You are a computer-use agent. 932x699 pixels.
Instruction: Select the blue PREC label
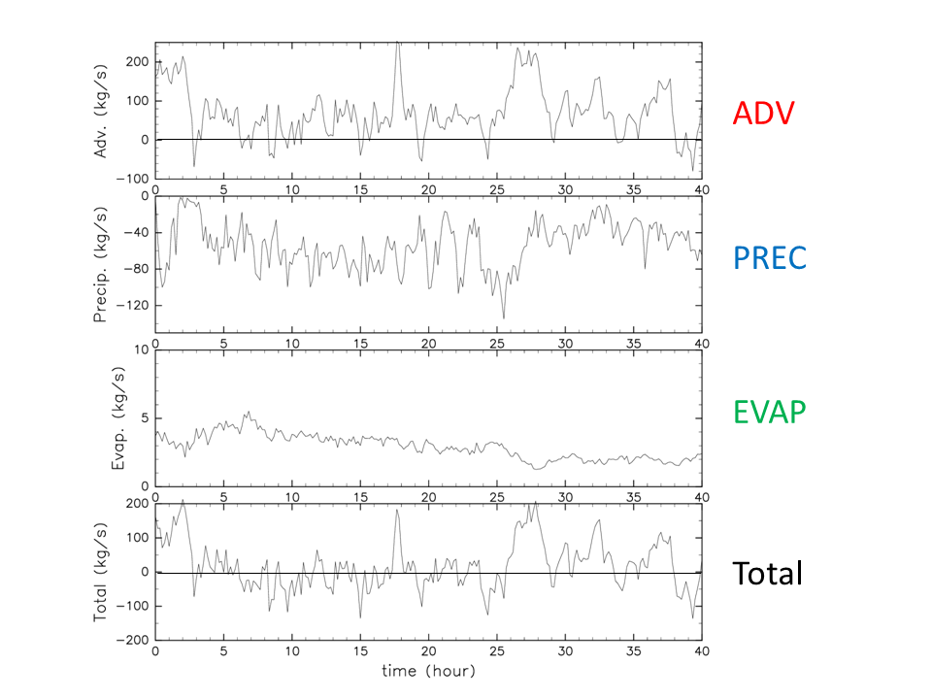[770, 257]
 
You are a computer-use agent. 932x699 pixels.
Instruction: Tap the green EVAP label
[770, 412]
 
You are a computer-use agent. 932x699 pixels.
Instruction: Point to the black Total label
[767, 573]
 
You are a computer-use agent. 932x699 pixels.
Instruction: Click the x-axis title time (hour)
[428, 670]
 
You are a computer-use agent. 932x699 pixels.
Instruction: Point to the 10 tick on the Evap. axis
[141, 350]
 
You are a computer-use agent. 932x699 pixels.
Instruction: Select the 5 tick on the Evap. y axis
[145, 418]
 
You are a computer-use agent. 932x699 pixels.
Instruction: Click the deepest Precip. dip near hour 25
[503, 317]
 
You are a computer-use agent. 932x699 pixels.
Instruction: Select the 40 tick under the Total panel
[701, 651]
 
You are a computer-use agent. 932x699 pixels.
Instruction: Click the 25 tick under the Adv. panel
[497, 189]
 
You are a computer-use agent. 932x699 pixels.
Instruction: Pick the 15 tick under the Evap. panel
[360, 497]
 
